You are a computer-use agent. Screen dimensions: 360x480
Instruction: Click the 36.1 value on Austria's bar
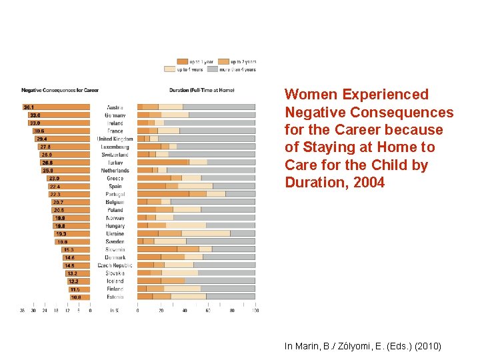(x=29, y=107)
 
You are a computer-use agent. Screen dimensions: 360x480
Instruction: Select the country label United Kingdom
(x=115, y=139)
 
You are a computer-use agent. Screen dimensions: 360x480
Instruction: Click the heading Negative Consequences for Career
(x=60, y=90)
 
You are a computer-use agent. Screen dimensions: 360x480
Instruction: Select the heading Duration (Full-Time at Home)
(x=202, y=90)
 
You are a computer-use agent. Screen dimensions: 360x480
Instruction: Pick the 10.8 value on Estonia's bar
(x=76, y=297)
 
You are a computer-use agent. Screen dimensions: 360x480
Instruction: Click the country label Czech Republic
(x=115, y=265)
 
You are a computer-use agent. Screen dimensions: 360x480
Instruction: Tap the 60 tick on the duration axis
(x=209, y=310)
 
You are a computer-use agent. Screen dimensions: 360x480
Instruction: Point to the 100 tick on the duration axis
(x=255, y=310)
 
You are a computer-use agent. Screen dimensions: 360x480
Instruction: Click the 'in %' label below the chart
(x=115, y=310)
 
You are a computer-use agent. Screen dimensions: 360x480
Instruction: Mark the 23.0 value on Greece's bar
(x=53, y=178)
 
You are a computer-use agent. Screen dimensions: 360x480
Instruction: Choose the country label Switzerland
(x=115, y=155)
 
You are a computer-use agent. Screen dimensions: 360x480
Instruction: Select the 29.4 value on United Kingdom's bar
(x=41, y=139)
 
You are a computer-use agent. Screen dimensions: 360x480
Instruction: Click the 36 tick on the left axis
(x=23, y=310)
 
